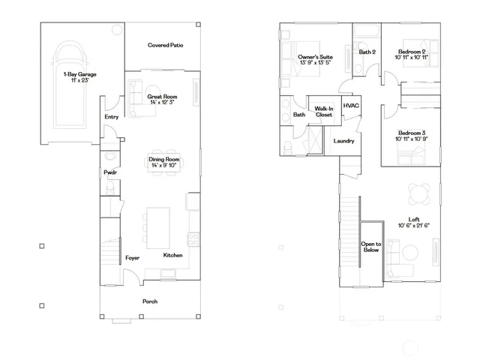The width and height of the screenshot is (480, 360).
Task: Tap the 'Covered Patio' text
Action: point(166,45)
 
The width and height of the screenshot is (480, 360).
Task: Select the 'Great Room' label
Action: point(162,100)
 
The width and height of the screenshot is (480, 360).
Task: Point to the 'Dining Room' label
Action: point(163,163)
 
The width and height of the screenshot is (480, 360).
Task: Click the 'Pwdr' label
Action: point(110,173)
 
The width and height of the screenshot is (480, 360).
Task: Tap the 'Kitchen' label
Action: point(173,256)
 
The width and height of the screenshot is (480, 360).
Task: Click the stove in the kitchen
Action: point(193,240)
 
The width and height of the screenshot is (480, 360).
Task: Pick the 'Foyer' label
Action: point(133,257)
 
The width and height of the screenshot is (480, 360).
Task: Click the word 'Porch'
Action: point(150,301)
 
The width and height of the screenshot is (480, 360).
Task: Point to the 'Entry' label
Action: point(112,117)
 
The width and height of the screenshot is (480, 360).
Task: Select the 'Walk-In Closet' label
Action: point(324,112)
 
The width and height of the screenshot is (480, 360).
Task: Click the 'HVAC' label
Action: point(351,106)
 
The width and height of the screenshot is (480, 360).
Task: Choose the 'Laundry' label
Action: point(343,140)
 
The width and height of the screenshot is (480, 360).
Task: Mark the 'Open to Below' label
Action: point(371,247)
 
